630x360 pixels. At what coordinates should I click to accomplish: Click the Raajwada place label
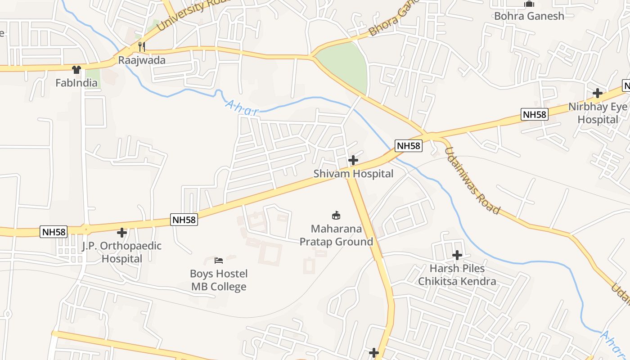coord(142,60)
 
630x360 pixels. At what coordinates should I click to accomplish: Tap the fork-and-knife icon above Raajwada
coord(141,46)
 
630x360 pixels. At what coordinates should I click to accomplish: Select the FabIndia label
coord(76,83)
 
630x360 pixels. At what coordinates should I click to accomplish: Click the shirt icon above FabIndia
coord(76,69)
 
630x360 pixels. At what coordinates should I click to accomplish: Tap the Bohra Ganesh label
coord(529,16)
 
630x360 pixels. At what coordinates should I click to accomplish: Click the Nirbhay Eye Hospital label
coord(598,113)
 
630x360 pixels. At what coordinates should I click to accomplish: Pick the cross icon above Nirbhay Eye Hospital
coord(598,93)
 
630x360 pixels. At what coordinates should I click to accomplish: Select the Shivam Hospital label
coord(353,174)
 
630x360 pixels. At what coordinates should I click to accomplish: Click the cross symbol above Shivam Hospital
coord(353,160)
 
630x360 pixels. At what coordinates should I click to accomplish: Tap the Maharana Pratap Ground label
coord(337,235)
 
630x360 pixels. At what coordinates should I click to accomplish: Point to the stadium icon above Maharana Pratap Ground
coord(336,215)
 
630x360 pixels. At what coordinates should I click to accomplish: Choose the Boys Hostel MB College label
coord(219,280)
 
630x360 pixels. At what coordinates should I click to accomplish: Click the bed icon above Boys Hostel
coord(219,260)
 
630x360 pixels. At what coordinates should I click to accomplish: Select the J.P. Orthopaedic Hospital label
coord(121,252)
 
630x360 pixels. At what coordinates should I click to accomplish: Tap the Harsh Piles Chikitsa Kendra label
coord(457,275)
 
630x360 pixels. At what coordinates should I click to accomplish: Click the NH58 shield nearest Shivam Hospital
coord(409,146)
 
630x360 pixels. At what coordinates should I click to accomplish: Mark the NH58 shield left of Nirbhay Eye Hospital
coord(534,114)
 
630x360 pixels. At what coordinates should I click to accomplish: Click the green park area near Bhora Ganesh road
coord(344,65)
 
